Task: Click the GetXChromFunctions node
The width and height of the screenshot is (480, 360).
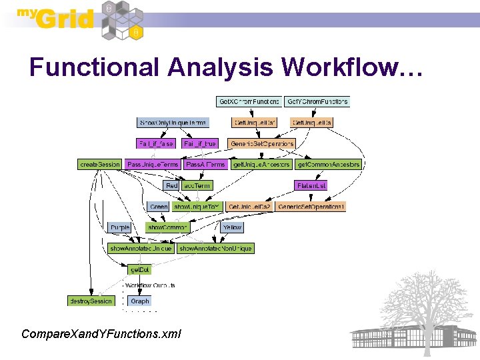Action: (249, 102)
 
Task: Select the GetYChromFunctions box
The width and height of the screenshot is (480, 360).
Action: (317, 102)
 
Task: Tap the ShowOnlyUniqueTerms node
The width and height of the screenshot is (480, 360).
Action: (173, 123)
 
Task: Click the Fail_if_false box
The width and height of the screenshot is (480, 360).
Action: (155, 143)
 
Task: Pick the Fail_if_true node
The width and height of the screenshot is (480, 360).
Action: (199, 143)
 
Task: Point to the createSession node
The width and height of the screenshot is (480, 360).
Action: (99, 164)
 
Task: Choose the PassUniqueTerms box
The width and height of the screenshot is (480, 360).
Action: (153, 164)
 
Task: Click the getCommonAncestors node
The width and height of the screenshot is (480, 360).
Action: (328, 164)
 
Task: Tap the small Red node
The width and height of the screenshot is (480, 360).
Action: (171, 185)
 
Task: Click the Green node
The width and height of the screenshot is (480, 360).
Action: (159, 207)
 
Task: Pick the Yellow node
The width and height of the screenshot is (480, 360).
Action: (232, 227)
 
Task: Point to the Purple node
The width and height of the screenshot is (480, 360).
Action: (120, 227)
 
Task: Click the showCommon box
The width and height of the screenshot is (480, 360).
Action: (168, 227)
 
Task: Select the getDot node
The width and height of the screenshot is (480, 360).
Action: (139, 269)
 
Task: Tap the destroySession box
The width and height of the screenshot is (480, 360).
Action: (91, 301)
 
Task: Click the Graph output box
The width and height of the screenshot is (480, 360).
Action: (140, 301)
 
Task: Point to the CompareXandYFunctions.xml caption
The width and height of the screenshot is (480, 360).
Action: (101, 333)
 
